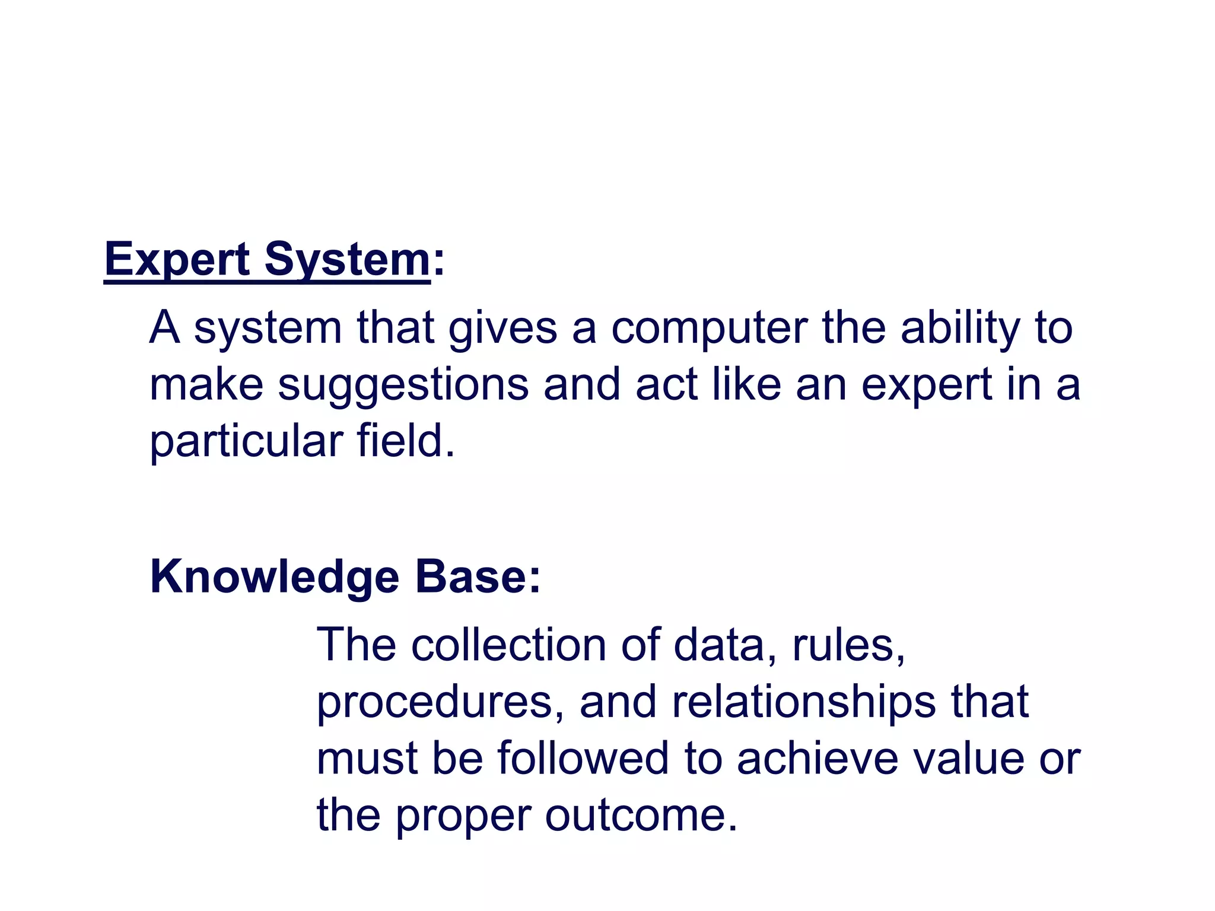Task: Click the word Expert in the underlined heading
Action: (177, 260)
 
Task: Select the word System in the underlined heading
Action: (347, 260)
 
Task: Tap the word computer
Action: (709, 327)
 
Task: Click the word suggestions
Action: (403, 385)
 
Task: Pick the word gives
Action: (502, 327)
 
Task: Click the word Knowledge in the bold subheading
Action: (275, 577)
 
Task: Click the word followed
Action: (583, 758)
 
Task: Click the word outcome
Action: (641, 815)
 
